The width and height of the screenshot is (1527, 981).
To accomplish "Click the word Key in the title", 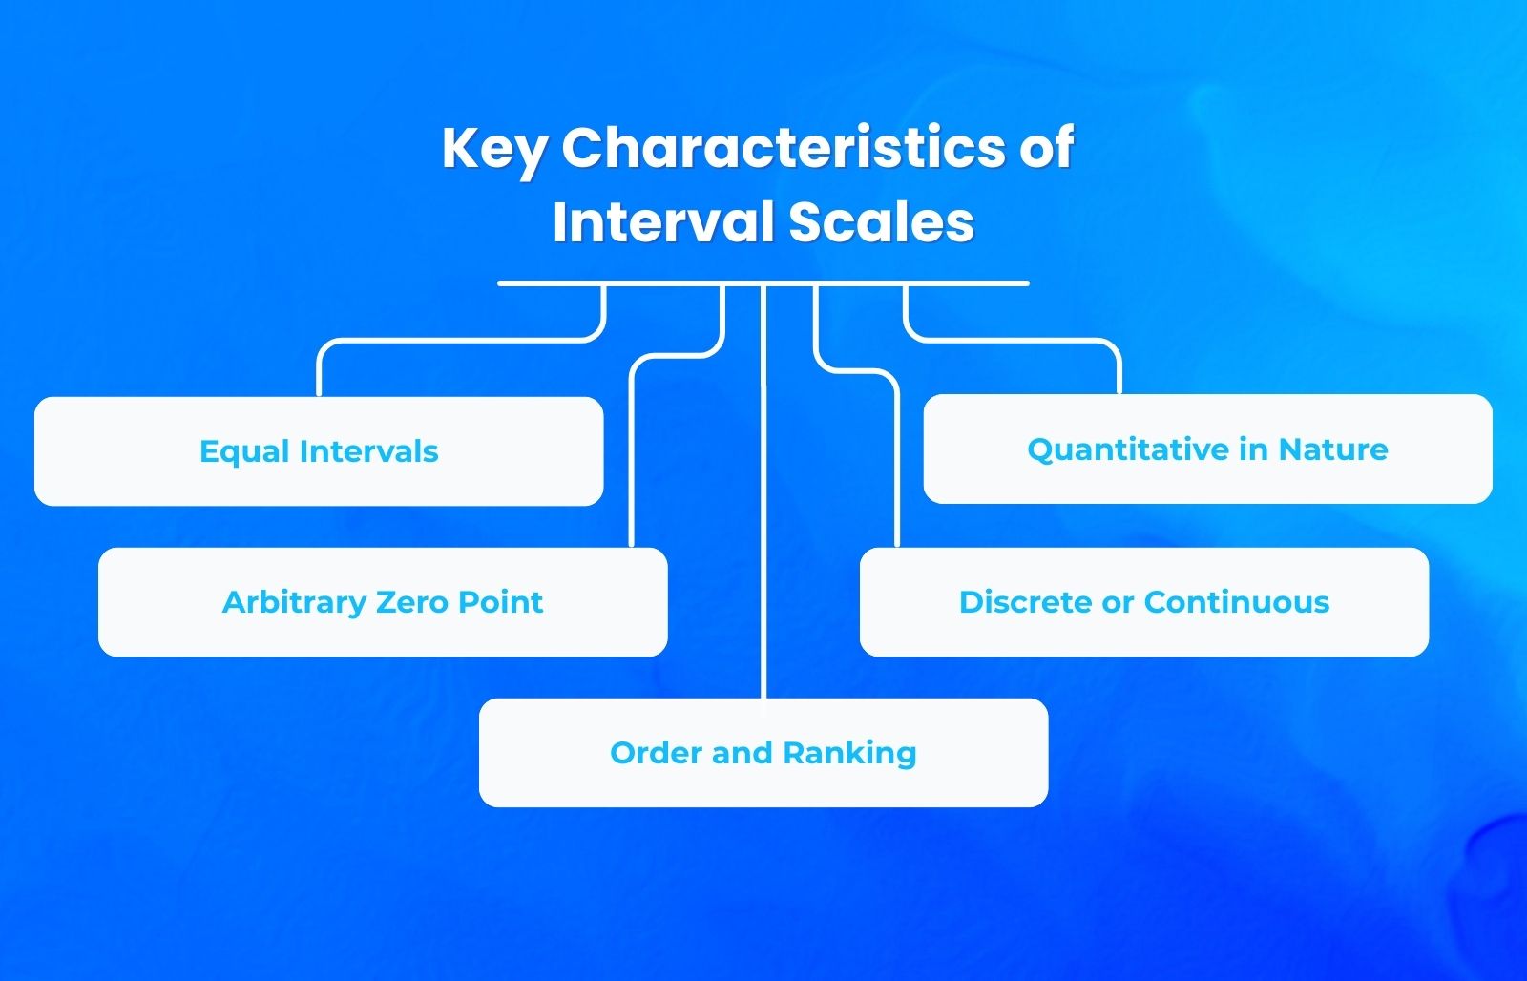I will point(494,150).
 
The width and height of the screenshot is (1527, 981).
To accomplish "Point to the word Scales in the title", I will point(881,222).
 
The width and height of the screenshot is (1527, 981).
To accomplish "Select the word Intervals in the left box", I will point(368,451).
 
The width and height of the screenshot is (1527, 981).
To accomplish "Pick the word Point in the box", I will point(500,602).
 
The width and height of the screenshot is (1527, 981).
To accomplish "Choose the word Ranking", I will point(849,754).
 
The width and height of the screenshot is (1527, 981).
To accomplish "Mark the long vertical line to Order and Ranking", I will point(763,496).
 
